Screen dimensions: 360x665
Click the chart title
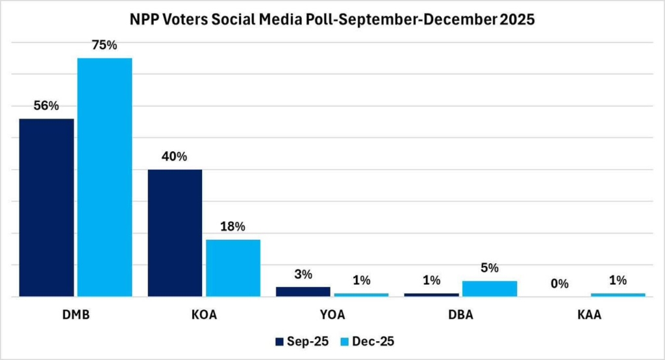(x=332, y=20)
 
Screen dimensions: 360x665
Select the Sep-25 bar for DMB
(x=46, y=207)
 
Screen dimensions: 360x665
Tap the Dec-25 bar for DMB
(x=105, y=177)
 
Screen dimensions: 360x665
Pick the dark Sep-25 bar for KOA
(x=175, y=233)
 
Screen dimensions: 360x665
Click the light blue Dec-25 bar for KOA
(x=232, y=268)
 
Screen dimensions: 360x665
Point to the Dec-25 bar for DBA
(x=489, y=289)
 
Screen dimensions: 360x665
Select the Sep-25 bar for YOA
(x=303, y=291)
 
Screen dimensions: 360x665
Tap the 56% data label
(x=46, y=105)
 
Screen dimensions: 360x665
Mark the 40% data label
(x=175, y=157)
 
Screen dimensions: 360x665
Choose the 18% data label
(x=232, y=227)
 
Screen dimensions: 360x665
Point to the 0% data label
(x=560, y=283)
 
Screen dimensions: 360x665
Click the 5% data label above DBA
(x=489, y=268)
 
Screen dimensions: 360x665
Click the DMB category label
(x=75, y=316)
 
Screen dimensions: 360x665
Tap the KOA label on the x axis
(x=203, y=316)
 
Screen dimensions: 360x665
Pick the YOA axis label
(x=332, y=316)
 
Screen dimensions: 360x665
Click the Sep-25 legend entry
(x=299, y=341)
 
